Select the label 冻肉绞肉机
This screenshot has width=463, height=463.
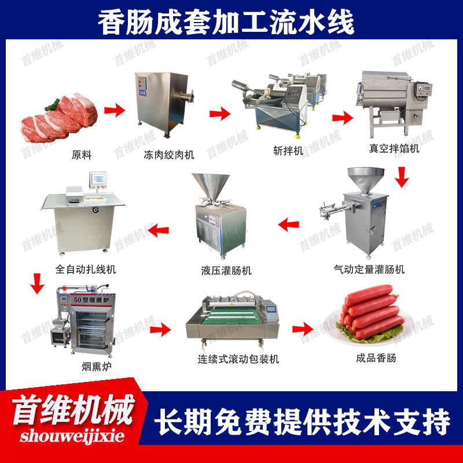[x=168, y=155]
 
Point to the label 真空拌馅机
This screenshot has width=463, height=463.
[x=394, y=148]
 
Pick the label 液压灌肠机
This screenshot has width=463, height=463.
[x=223, y=270]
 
